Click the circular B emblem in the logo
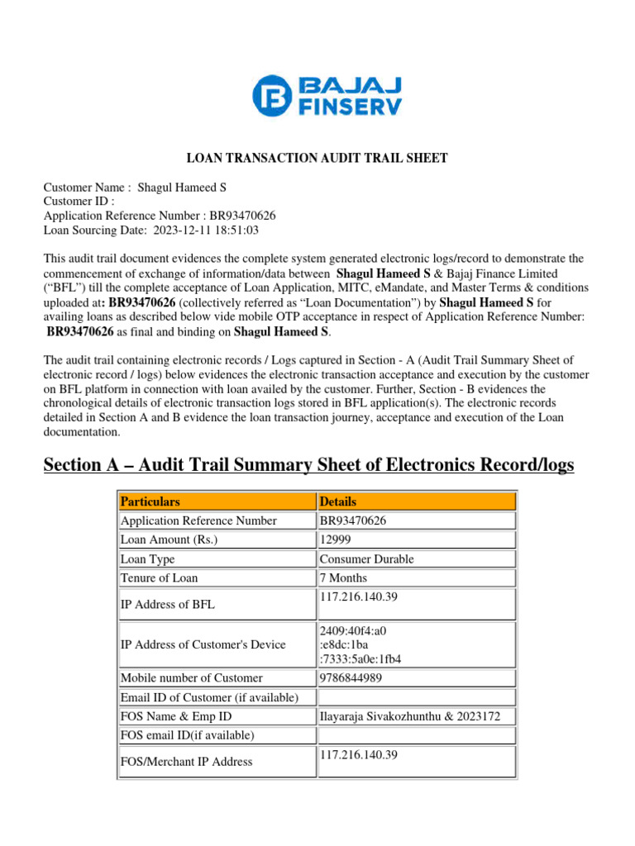tap(271, 95)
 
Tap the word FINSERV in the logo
tap(338, 107)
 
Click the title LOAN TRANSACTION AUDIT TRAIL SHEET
tap(317, 158)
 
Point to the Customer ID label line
tap(79, 201)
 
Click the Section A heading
tap(308, 466)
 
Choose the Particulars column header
tap(150, 501)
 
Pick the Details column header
tap(338, 501)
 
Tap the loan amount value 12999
tap(337, 539)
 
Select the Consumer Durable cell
tap(367, 559)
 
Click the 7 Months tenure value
tap(343, 578)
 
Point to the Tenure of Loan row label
tap(160, 578)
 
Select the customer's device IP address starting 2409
tap(360, 645)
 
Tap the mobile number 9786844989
tap(350, 678)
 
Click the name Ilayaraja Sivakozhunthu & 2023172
tap(409, 717)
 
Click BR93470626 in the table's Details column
tap(353, 520)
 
